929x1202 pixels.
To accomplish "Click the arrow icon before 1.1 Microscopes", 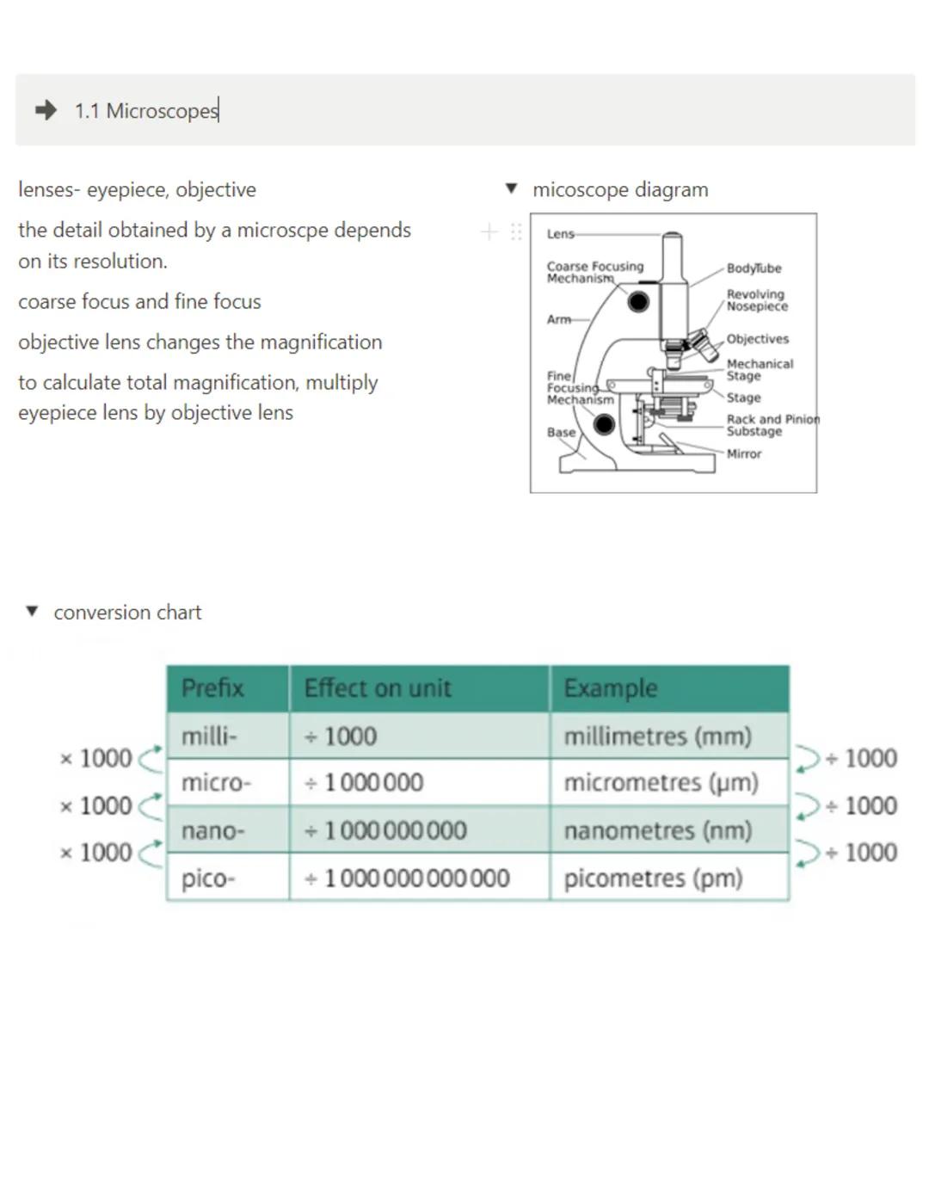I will tap(46, 110).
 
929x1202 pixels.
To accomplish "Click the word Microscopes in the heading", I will tap(162, 111).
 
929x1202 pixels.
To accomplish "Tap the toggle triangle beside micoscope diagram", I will tap(512, 188).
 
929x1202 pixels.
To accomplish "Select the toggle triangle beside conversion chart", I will tap(33, 612).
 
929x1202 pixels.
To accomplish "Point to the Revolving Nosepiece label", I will tap(756, 300).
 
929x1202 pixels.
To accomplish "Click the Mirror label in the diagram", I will tap(744, 454).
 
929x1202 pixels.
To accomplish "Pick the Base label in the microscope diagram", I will tap(561, 432).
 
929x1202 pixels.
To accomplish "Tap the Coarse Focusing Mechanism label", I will tap(594, 272).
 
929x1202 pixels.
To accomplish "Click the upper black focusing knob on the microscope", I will tap(638, 302).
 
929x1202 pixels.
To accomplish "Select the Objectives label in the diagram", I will tap(757, 339).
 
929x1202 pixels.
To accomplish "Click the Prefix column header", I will tap(212, 688).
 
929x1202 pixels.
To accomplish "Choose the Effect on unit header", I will tap(378, 688).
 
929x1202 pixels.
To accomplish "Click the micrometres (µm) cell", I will tap(661, 783).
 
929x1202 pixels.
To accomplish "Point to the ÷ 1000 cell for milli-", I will tap(341, 737).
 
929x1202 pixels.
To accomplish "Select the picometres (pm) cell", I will tap(653, 878).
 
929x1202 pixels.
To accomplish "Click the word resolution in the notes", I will tap(114, 262).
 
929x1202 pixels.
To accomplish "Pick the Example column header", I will tap(611, 688).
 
